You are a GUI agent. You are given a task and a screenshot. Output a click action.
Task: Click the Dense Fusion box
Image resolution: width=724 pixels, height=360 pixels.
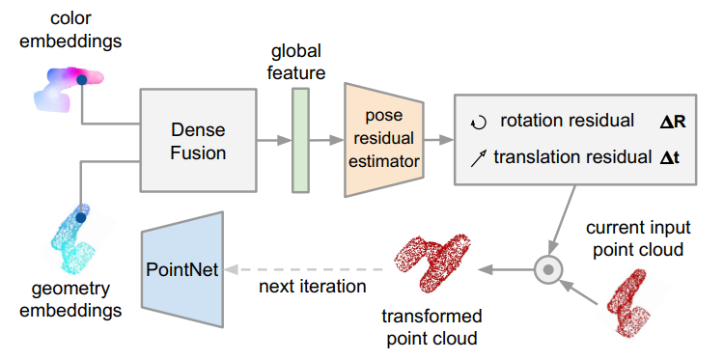point(198,140)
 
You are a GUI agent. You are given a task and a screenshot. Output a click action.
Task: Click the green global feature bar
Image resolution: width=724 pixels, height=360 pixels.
point(300,139)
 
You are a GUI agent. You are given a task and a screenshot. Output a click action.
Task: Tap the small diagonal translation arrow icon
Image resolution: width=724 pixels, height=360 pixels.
point(477,156)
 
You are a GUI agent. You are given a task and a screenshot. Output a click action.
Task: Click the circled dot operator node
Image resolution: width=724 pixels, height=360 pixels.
point(548,270)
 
